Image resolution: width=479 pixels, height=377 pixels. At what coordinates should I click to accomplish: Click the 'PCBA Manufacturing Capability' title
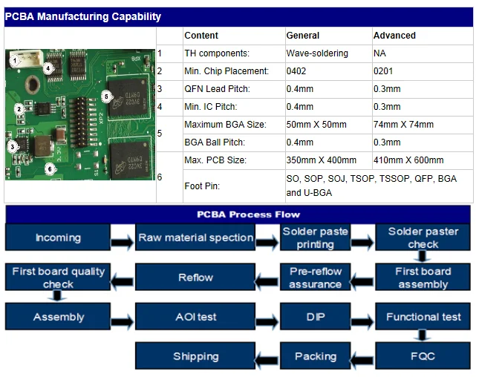[83, 16]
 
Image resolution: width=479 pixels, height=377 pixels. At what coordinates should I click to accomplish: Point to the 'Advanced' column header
[394, 36]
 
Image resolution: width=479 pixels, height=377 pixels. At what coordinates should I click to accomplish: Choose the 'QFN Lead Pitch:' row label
[217, 89]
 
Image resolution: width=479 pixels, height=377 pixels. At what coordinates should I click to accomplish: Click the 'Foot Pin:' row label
[202, 186]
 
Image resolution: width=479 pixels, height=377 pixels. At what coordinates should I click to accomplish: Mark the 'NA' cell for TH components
[379, 53]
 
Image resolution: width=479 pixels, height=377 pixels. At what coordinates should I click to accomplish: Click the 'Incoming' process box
[58, 238]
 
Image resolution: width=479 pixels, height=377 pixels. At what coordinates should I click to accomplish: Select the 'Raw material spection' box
[195, 238]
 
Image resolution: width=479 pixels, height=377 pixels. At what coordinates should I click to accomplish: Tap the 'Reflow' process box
[195, 278]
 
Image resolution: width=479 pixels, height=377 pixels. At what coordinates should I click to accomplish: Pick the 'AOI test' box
[195, 317]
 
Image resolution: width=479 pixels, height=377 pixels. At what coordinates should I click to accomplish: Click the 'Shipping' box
[195, 356]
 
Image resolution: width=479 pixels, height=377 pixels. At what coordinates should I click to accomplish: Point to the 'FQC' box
[423, 356]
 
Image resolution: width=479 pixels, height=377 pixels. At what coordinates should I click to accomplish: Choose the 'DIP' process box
[315, 317]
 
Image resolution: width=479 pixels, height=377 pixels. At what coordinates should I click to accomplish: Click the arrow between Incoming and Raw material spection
[123, 240]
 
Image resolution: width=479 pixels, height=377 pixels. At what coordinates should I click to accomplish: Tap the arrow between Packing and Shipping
[267, 357]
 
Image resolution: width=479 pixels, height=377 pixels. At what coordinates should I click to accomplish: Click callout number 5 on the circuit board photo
[105, 96]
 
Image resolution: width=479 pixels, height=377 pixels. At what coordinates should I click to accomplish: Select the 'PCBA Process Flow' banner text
[238, 214]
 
